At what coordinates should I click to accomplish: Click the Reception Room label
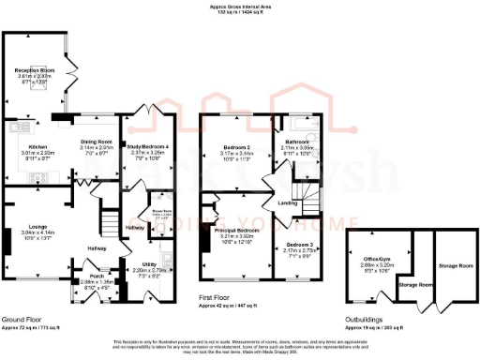(x=34, y=69)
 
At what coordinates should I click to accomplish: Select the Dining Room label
(x=97, y=142)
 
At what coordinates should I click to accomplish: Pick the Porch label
(x=97, y=277)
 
